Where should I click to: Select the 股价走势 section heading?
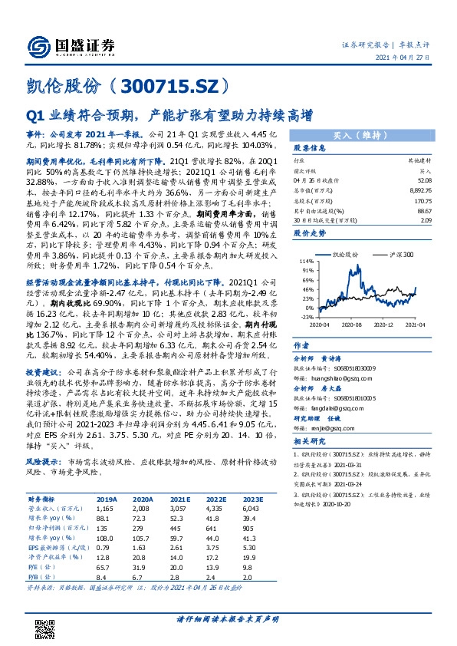pyautogui.click(x=310, y=231)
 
